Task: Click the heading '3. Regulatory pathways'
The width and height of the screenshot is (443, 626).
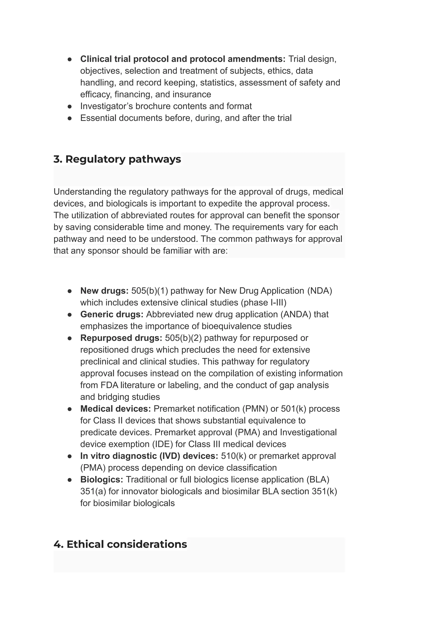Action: point(117,159)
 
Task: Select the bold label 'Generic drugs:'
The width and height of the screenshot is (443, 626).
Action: point(112,314)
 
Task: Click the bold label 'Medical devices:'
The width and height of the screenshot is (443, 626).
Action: point(115,409)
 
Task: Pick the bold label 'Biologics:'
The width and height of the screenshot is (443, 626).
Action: point(101,480)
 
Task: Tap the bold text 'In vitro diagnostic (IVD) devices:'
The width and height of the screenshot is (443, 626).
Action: point(149,456)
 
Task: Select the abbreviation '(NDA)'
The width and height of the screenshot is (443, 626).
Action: point(319,291)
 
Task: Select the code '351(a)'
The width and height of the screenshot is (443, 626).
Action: point(93,491)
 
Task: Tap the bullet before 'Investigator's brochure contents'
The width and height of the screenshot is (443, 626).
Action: point(70,106)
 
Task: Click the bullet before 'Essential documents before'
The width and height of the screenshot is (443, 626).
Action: point(70,118)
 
